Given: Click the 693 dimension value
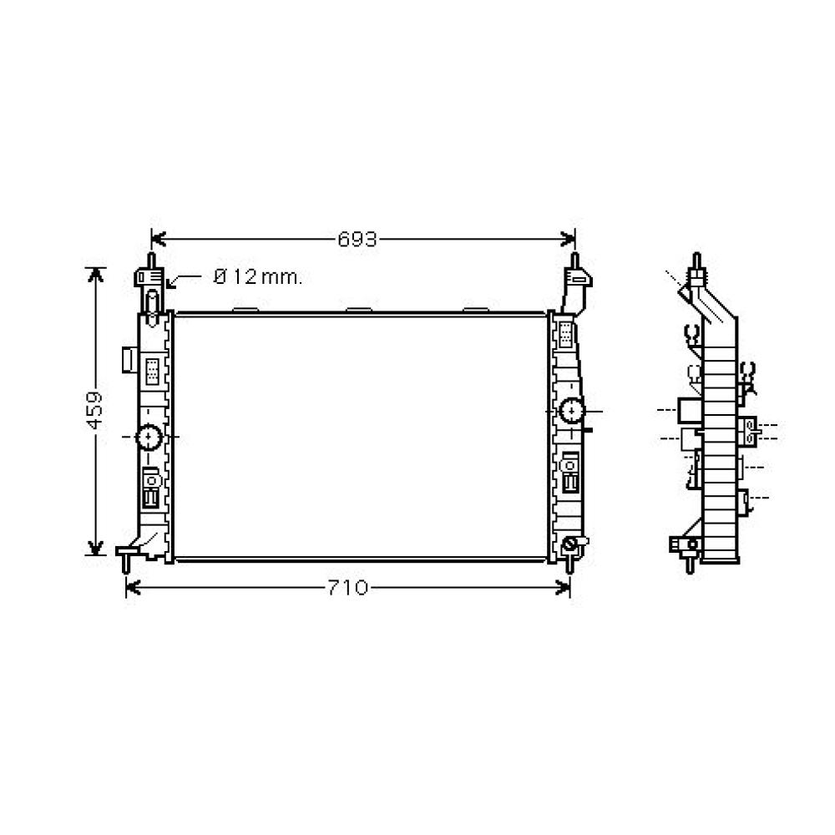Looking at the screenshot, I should pyautogui.click(x=357, y=240).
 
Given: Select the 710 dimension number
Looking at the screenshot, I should pyautogui.click(x=347, y=588).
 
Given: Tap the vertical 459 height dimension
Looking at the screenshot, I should pyautogui.click(x=95, y=409).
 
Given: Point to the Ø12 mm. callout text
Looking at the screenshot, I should pyautogui.click(x=258, y=277).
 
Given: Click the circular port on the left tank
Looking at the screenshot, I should pyautogui.click(x=149, y=437).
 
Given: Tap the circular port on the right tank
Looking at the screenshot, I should pyautogui.click(x=572, y=411).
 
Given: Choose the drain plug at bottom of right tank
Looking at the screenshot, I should pyautogui.click(x=571, y=545).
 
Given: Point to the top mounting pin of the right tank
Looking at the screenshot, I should pyautogui.click(x=574, y=261).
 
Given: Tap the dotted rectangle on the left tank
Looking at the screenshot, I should pyautogui.click(x=153, y=370).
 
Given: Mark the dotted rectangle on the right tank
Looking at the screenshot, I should pyautogui.click(x=565, y=334).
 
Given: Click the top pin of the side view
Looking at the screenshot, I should pyautogui.click(x=695, y=262).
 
